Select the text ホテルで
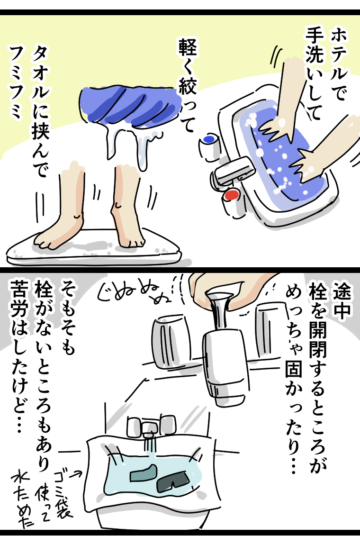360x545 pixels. click(337, 64)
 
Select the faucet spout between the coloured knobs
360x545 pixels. click(233, 169)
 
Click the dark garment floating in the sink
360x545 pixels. click(172, 481)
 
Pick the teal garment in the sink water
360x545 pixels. click(144, 473)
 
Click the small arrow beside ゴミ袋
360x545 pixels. click(78, 472)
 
